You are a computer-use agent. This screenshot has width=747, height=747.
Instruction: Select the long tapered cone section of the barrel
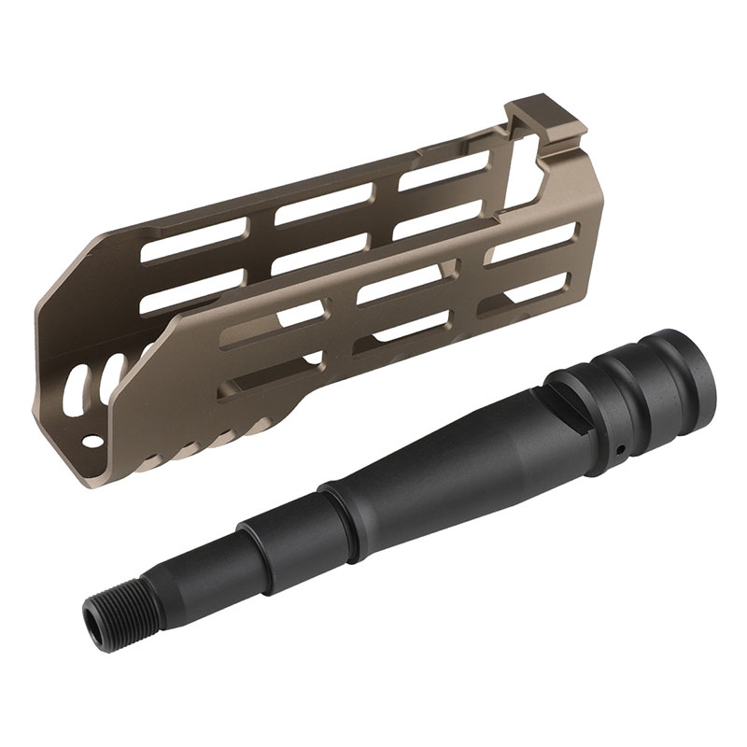coord(448,448)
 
